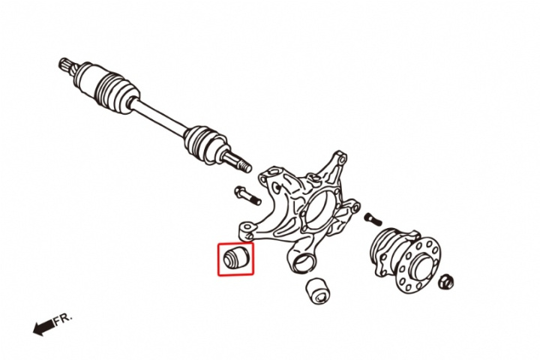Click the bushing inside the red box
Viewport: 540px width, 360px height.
[235, 258]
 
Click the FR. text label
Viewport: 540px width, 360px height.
[63, 319]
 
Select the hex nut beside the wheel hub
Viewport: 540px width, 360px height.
[446, 281]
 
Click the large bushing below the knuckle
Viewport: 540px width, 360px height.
[318, 291]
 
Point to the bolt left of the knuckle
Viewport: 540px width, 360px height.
[247, 195]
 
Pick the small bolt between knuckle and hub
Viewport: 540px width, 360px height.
[373, 220]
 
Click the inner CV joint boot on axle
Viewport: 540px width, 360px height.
[118, 92]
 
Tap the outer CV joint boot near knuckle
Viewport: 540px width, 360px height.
[205, 143]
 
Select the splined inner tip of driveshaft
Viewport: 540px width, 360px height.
[68, 66]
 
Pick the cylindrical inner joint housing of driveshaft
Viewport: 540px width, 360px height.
[87, 76]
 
